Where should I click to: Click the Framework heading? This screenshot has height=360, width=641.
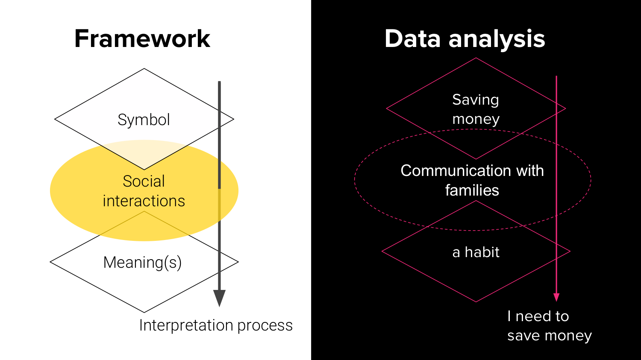pyautogui.click(x=142, y=39)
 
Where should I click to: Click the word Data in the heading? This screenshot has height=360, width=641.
pyautogui.click(x=413, y=39)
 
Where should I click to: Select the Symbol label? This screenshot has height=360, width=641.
pyautogui.click(x=144, y=120)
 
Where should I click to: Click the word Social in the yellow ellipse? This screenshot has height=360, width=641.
pyautogui.click(x=144, y=181)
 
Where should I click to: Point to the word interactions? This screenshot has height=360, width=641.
pyautogui.click(x=144, y=201)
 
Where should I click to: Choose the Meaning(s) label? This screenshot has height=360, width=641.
pyautogui.click(x=142, y=263)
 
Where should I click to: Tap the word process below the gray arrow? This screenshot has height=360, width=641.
pyautogui.click(x=265, y=326)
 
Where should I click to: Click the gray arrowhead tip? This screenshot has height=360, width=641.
pyautogui.click(x=219, y=305)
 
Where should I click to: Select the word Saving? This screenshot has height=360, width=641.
pyautogui.click(x=476, y=100)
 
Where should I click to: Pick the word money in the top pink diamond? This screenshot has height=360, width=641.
pyautogui.click(x=476, y=119)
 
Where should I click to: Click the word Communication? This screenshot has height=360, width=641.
pyautogui.click(x=456, y=171)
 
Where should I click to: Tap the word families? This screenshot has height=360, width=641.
pyautogui.click(x=472, y=190)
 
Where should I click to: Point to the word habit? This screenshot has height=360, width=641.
pyautogui.click(x=482, y=252)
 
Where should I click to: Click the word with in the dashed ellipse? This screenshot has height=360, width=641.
pyautogui.click(x=530, y=171)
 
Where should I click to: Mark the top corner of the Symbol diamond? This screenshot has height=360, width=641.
pyautogui.click(x=144, y=69)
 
